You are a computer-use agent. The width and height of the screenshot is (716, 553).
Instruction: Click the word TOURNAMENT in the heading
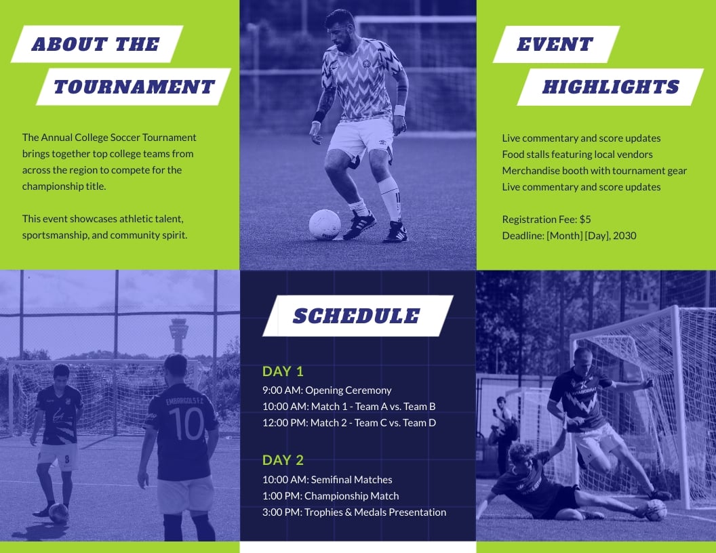coord(134,87)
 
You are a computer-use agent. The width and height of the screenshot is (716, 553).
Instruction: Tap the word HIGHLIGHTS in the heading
coord(610,87)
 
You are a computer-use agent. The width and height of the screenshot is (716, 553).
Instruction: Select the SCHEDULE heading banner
coord(357,316)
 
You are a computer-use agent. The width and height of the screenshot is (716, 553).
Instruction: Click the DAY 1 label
coord(283,371)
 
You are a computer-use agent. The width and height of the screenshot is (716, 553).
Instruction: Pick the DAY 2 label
coord(283,460)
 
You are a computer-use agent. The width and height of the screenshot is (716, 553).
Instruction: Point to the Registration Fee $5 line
coord(546,220)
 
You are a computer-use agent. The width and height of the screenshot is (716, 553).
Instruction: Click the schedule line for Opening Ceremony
coord(327,390)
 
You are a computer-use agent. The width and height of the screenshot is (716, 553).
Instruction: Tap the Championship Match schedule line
coord(330,496)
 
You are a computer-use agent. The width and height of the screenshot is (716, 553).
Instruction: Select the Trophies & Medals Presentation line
coord(354,512)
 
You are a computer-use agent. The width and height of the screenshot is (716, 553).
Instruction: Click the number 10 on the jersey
coord(186,424)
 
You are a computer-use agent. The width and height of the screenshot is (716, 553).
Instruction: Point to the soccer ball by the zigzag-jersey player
coord(325,224)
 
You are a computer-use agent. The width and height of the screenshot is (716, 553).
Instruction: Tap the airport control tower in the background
coord(179,334)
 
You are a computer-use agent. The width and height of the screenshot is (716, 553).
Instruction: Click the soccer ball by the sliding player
coord(655,510)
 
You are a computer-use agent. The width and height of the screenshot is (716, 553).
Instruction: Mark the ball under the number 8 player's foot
coord(59,512)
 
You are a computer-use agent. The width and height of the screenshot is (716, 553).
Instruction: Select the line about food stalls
coord(577,155)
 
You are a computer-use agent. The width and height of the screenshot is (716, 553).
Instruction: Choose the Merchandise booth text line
coord(594,171)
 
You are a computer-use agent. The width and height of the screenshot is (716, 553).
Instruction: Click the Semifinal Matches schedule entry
coord(327,480)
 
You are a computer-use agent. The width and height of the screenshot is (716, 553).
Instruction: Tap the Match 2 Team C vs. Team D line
coord(349,423)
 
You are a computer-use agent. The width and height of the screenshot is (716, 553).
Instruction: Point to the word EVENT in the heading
coord(555,45)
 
